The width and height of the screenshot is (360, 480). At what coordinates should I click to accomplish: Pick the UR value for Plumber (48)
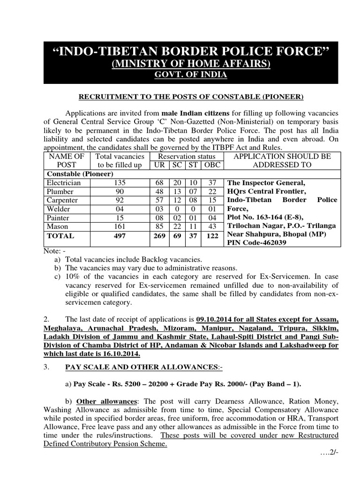[x=159, y=192]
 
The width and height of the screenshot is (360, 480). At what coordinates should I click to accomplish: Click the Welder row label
[x=58, y=209]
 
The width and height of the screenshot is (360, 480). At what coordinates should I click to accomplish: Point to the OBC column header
[x=213, y=165]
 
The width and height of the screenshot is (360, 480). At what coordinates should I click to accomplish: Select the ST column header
[x=193, y=165]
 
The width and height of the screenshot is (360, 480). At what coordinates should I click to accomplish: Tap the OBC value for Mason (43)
[x=213, y=227]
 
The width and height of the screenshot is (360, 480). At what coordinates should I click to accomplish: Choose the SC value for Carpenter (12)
[x=177, y=201]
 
